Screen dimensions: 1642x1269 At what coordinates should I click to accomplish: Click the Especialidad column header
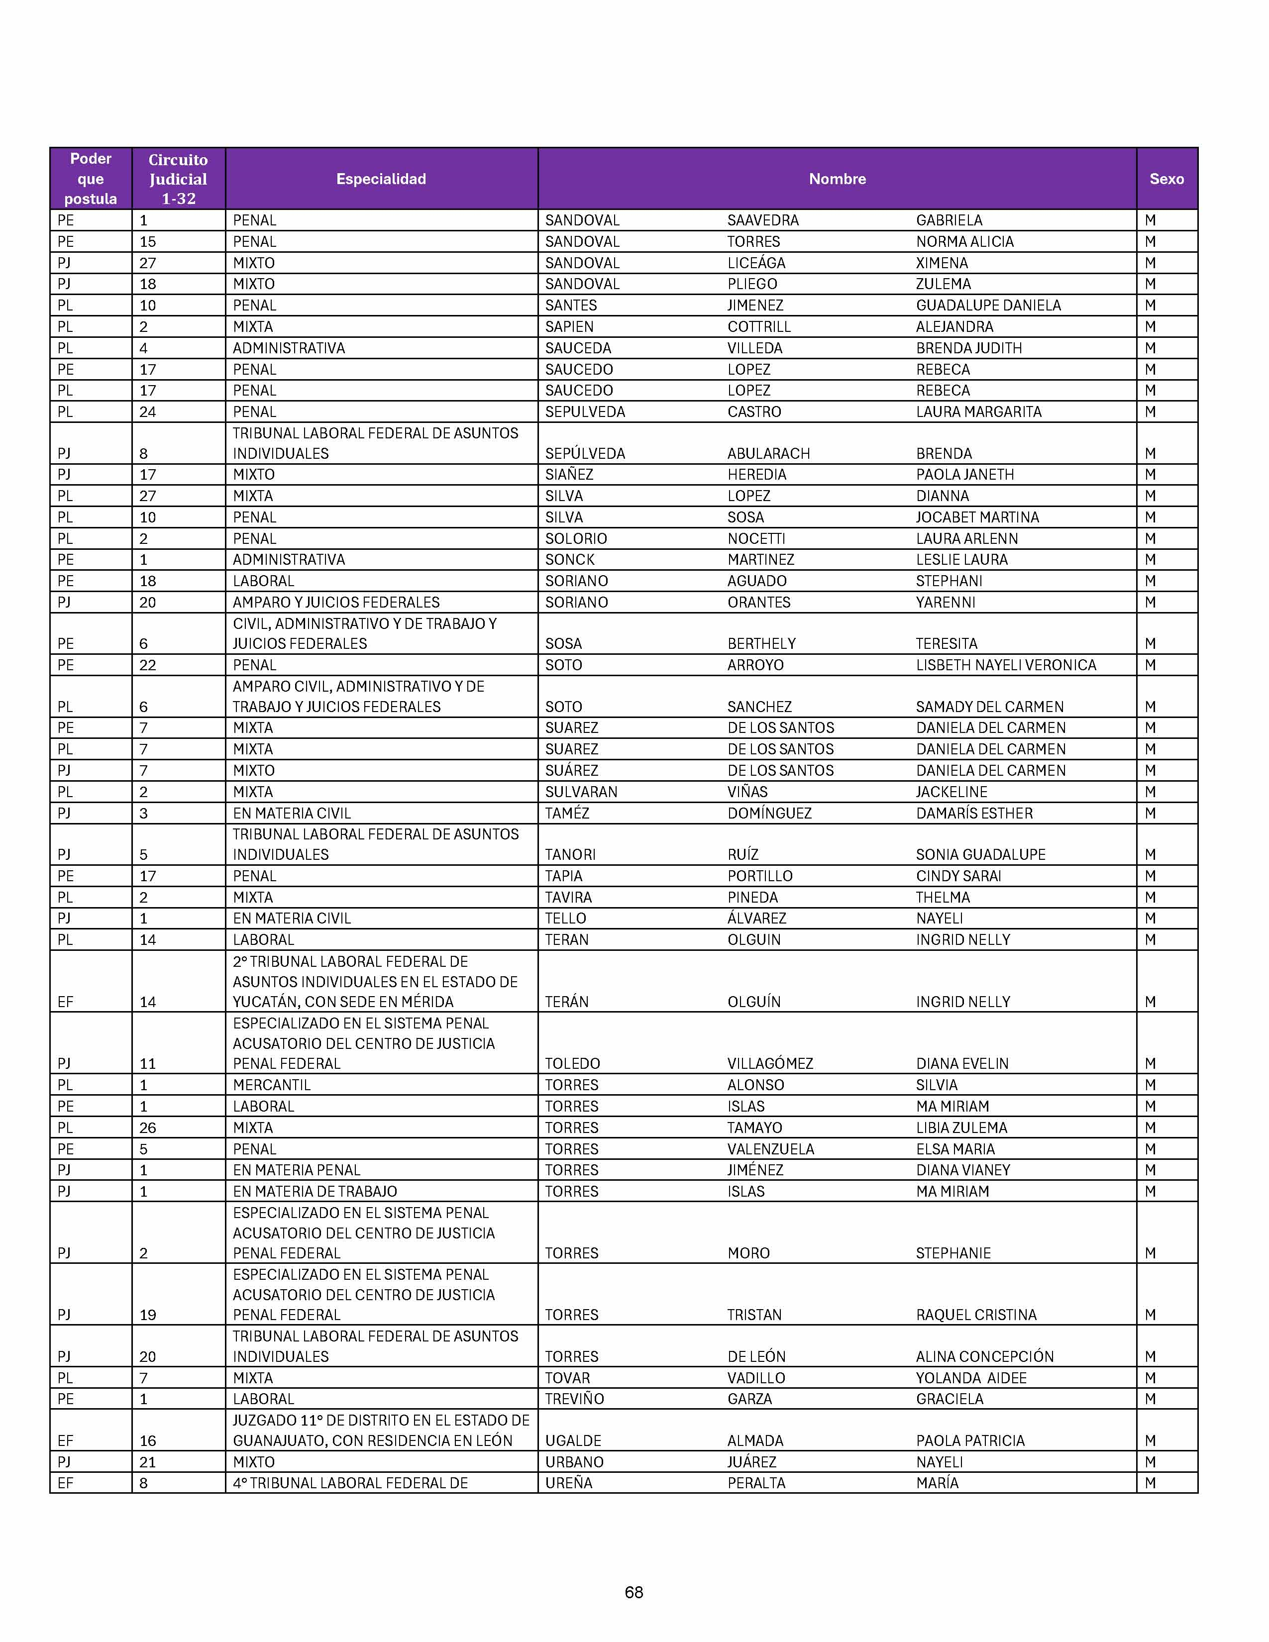pos(381,179)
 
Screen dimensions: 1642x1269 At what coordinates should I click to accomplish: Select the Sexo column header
pos(1166,179)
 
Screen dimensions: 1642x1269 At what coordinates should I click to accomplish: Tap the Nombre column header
pos(837,179)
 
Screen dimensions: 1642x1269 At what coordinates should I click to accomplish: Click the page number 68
pos(634,1592)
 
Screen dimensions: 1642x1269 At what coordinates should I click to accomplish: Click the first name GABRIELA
pos(949,220)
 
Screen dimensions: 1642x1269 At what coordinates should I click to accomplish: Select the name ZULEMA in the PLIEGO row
pos(943,284)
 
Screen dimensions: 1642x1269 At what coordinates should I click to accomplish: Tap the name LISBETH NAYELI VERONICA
pos(1006,665)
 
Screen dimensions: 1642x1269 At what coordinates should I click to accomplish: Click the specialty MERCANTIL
pos(271,1085)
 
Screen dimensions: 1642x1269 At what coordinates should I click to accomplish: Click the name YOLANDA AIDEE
pos(970,1377)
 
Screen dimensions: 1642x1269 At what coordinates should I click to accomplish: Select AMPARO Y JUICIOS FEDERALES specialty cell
pos(336,602)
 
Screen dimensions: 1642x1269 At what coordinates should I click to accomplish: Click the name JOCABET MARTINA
pos(976,517)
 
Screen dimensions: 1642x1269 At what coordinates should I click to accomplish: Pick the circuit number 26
pos(147,1128)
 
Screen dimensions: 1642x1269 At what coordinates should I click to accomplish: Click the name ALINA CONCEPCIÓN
pos(984,1356)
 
